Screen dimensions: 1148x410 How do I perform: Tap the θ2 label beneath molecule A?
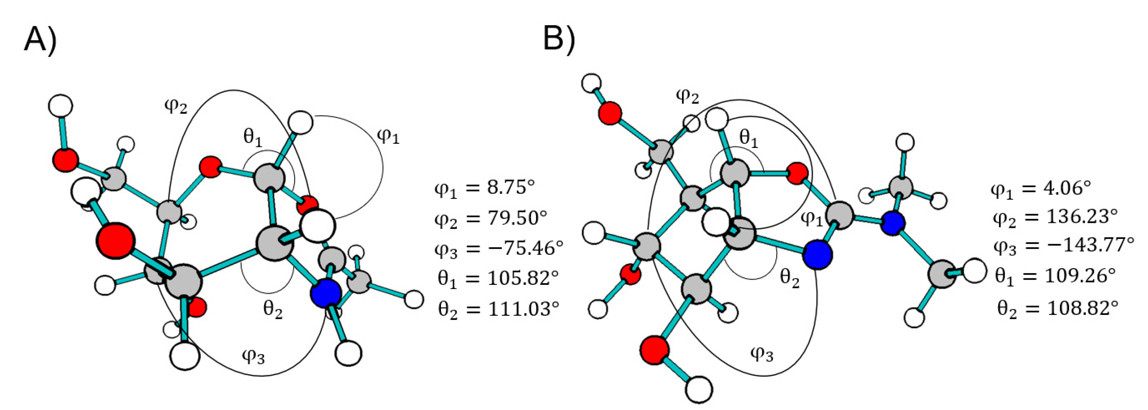(x=273, y=309)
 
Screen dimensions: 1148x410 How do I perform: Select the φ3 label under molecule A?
(x=253, y=356)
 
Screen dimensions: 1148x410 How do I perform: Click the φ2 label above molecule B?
(x=687, y=96)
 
